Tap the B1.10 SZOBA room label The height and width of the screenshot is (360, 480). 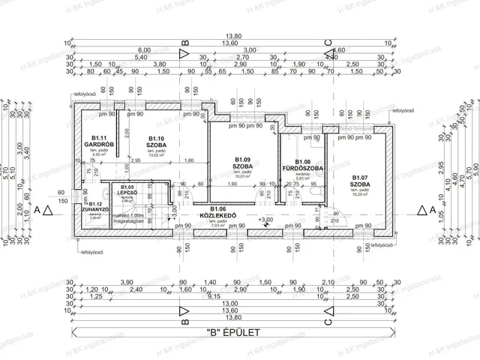pyautogui.click(x=156, y=141)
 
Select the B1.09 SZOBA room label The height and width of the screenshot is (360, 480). pyautogui.click(x=241, y=163)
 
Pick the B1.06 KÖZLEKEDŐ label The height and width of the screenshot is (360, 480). pyautogui.click(x=218, y=213)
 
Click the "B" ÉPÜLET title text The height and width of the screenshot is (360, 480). pyautogui.click(x=240, y=330)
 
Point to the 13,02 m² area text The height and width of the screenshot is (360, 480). pyautogui.click(x=156, y=155)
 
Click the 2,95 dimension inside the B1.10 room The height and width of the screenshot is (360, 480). pyautogui.click(x=135, y=160)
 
